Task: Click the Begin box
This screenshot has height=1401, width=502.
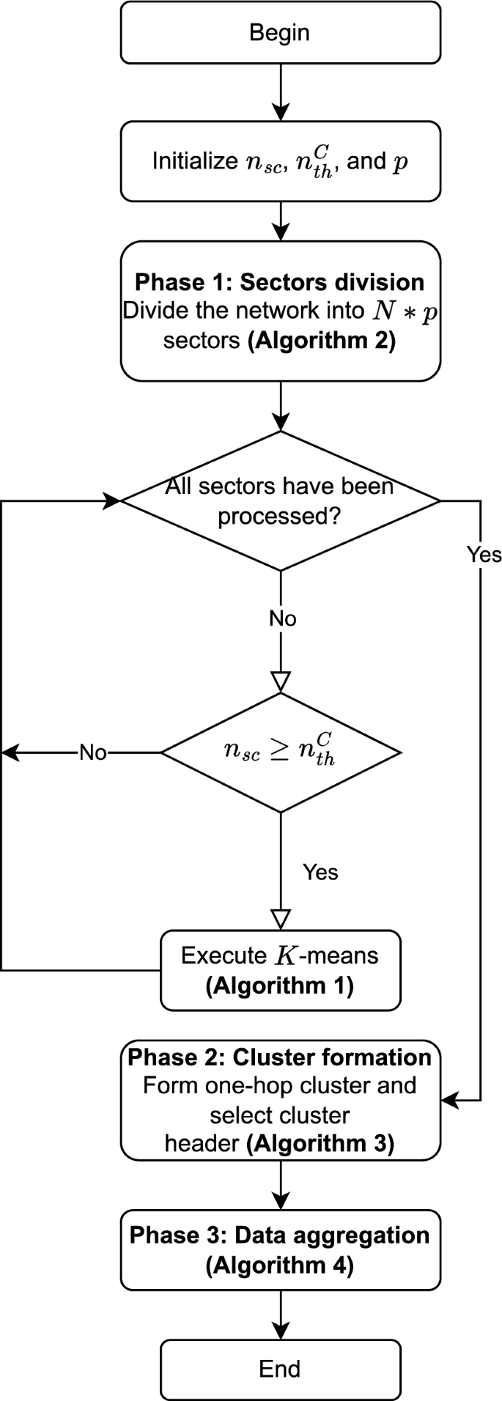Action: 280,33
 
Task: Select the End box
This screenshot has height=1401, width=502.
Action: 280,1369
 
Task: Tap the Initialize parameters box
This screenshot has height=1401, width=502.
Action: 280,161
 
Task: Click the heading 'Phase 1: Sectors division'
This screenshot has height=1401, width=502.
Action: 280,282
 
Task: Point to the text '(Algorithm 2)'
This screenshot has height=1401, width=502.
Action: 321,341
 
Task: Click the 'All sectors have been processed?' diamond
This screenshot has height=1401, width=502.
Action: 280,501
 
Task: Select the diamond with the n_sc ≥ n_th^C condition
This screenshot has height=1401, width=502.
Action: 280,753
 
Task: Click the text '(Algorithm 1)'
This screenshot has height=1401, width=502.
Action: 280,986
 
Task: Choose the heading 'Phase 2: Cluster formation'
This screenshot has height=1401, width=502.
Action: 280,1057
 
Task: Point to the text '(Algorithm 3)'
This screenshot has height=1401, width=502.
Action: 320,1143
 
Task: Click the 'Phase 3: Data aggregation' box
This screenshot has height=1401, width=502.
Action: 280,1250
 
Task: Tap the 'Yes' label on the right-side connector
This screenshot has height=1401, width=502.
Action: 484,555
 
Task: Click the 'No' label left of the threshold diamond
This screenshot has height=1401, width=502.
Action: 93,753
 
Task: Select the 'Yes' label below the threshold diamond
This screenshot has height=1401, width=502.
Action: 320,872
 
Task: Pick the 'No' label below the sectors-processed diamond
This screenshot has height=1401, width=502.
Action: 282,619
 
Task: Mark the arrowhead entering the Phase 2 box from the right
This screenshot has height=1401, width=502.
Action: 449,1100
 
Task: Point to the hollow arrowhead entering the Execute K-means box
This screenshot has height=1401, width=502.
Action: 281,920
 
